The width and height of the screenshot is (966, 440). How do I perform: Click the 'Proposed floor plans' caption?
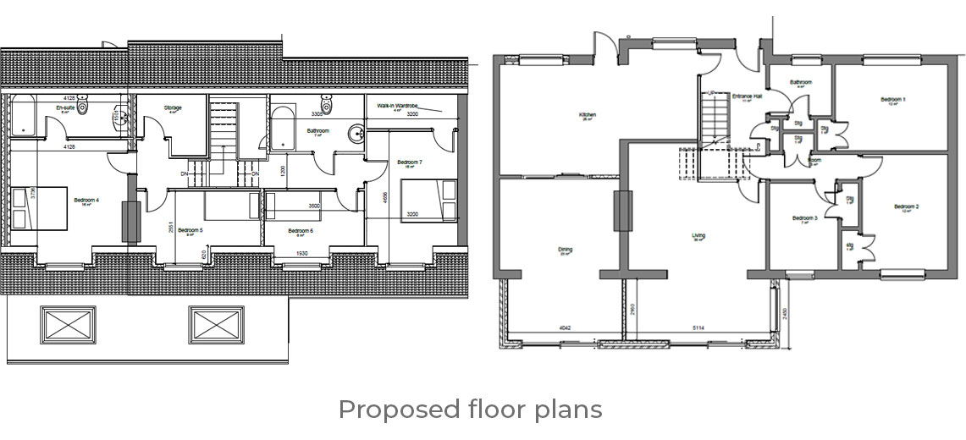point(470,410)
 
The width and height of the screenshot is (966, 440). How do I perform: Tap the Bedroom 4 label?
point(86,200)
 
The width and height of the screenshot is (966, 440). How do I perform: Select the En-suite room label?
point(66,109)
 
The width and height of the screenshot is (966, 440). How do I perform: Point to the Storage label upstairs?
point(173,108)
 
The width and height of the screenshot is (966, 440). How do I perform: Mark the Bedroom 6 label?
point(301,230)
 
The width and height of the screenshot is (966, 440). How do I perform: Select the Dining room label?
point(566,250)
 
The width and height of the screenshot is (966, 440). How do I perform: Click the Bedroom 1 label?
point(892,99)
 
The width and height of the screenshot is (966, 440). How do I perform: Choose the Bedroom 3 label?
point(804,218)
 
